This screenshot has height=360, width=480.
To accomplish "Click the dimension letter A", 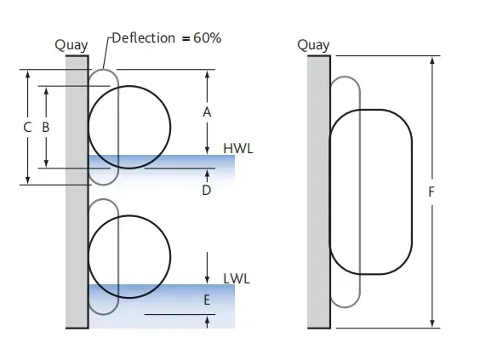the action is pos(207,112).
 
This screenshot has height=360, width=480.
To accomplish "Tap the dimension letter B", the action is pos(46,127).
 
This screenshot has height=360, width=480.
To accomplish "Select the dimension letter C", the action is pos(27,127).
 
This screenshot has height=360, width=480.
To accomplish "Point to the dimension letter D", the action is pos(207,190).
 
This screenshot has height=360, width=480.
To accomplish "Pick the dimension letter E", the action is pos(207,300).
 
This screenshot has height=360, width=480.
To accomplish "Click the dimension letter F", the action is pos(431,192).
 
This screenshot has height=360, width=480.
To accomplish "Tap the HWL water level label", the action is pos(238,148).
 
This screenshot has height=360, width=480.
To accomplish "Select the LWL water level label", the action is pos(237,279).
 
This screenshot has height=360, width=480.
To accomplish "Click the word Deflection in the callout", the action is pos(144,38).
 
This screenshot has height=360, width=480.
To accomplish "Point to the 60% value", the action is pos(208,38).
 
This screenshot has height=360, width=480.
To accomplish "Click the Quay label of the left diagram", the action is pos(71,45).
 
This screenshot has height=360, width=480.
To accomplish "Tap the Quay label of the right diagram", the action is pos(313,45).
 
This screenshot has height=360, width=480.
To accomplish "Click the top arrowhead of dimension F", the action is pos(432,60).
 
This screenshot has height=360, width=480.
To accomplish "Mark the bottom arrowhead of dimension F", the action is pos(432,324).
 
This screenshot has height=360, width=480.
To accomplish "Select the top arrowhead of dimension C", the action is pos(28,74).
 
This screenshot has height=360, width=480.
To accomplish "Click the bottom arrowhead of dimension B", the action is pos(46,163).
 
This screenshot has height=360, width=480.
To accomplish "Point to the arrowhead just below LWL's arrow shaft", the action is pos(208,280).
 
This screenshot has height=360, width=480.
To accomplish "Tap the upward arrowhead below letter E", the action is pos(208,319).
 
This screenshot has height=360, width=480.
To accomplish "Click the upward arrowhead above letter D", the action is pos(208,173).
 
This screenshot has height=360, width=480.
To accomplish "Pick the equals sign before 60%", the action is pos(186,39).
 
